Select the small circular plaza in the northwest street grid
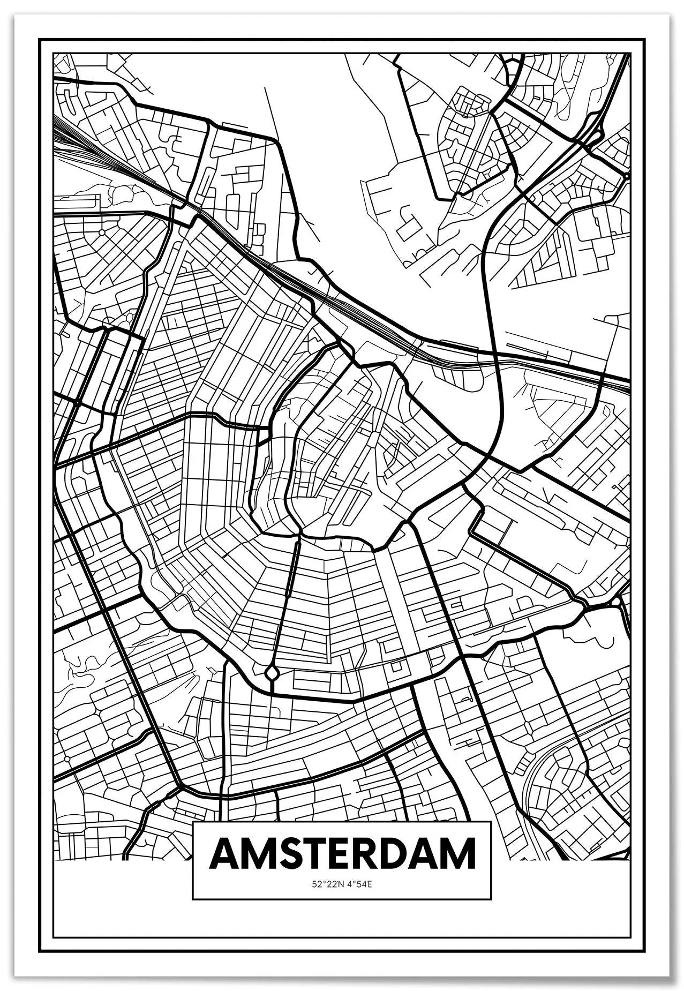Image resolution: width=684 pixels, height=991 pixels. pos(101,232)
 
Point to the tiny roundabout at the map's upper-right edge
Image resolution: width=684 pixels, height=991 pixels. pos(626,175)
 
